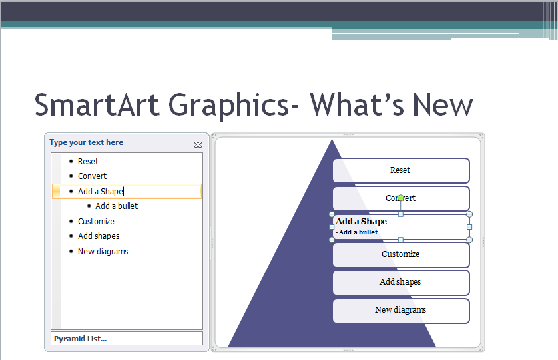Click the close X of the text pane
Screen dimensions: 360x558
pos(198,144)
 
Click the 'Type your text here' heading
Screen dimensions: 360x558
pos(86,142)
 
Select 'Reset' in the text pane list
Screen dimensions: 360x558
pos(88,162)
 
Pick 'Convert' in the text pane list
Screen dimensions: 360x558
pos(92,176)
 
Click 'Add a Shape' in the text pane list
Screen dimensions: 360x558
pos(101,192)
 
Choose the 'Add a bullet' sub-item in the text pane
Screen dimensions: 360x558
pos(117,206)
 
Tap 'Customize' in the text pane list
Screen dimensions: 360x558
pos(96,222)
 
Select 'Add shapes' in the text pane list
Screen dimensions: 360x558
pos(99,236)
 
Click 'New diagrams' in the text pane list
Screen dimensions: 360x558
pos(103,252)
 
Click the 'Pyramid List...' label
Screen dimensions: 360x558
pos(80,339)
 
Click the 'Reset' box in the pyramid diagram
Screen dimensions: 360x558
pos(401,170)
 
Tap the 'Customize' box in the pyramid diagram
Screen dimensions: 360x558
pos(401,254)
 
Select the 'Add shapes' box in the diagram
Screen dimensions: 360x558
pos(401,282)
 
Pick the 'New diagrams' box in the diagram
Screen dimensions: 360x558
pos(401,310)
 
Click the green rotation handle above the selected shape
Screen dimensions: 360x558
pos(401,198)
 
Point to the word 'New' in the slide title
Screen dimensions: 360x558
pos(442,105)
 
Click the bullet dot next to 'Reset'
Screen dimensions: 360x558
pos(71,162)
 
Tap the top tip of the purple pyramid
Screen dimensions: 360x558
pos(332,141)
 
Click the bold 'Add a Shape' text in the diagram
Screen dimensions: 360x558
pos(361,222)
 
